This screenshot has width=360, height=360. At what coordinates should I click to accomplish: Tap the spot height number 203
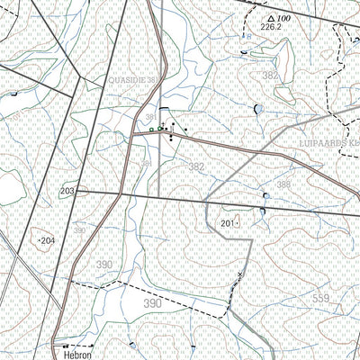(x=67, y=192)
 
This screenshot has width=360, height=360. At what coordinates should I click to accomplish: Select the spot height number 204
(x=48, y=241)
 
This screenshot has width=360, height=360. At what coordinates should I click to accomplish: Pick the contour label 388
(x=284, y=184)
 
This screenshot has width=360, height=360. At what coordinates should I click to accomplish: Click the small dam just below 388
(x=266, y=195)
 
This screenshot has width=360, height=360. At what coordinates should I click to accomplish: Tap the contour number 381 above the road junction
(x=149, y=117)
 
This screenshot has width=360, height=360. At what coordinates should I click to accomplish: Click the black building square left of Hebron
(x=66, y=346)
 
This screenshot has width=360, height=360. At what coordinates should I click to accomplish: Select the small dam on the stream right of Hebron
(x=132, y=344)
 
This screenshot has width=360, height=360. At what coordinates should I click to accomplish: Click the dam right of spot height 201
(x=262, y=211)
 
